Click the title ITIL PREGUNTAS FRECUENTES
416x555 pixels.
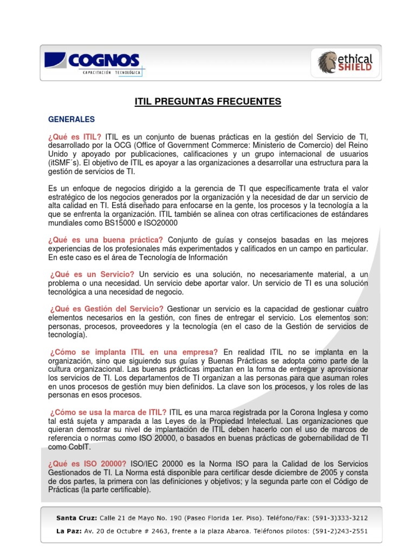[x=208, y=101]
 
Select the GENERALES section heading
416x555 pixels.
[x=71, y=119]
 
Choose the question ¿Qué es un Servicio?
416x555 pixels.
[x=92, y=275]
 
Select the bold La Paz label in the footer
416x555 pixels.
[x=68, y=531]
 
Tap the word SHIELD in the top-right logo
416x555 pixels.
[x=355, y=68]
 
